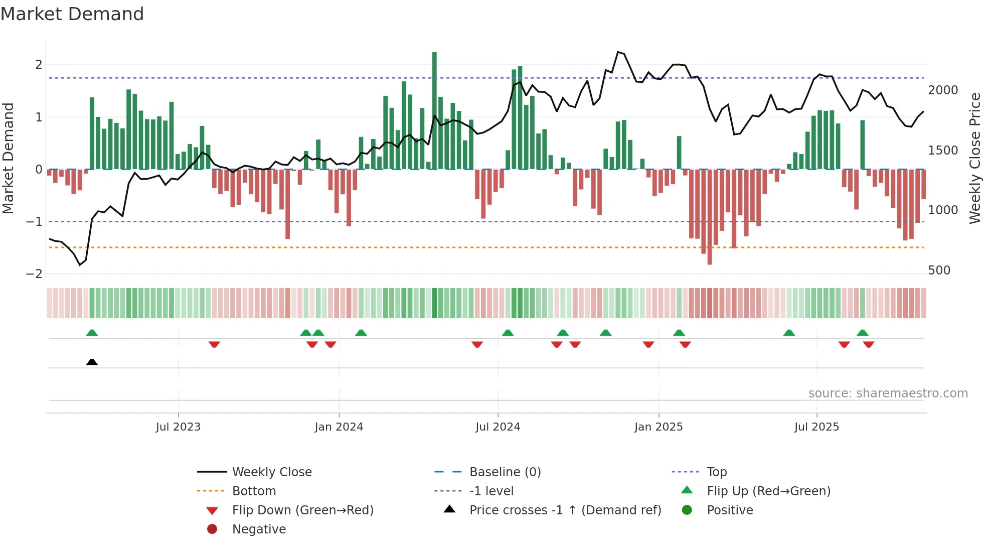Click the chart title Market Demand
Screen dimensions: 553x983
point(72,14)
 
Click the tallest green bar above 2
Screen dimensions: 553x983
point(434,110)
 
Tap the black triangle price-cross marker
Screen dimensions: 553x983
point(92,362)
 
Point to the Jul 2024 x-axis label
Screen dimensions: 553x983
point(498,427)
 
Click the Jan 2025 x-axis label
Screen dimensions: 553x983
point(658,427)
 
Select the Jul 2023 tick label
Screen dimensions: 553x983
point(178,427)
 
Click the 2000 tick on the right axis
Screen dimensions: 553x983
point(942,90)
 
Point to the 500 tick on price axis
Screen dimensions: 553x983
point(939,270)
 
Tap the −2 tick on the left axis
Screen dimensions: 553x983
point(34,274)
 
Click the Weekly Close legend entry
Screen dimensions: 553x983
point(271,472)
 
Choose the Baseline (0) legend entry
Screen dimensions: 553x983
point(505,472)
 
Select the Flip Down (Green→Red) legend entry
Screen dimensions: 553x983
point(302,510)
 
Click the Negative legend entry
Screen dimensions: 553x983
point(259,529)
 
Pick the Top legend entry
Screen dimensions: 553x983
point(716,472)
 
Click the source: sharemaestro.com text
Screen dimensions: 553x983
point(888,393)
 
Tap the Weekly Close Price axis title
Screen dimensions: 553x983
point(974,158)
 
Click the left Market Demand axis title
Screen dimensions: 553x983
point(9,158)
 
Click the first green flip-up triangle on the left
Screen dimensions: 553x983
point(92,333)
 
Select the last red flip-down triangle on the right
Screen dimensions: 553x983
point(869,344)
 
